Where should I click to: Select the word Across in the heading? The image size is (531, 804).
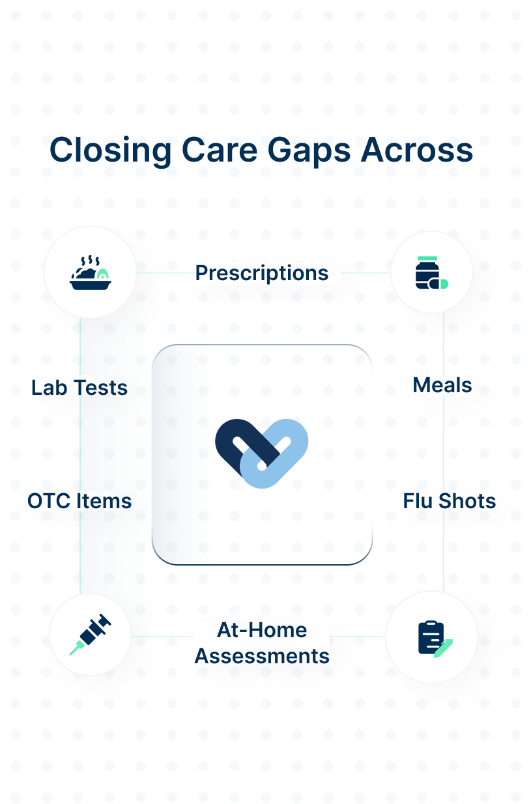[417, 150]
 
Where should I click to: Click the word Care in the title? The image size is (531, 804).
[220, 151]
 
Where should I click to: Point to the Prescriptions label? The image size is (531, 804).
[262, 274]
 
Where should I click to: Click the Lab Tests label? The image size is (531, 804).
[79, 388]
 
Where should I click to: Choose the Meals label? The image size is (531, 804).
[442, 386]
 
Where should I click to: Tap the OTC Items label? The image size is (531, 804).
[79, 501]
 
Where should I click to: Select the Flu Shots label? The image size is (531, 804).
[449, 501]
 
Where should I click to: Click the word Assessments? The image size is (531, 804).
[262, 657]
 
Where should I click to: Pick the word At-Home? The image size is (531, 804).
[262, 630]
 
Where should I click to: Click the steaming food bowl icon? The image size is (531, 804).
[90, 272]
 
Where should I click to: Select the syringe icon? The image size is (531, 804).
[90, 635]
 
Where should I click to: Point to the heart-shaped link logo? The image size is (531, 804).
[262, 453]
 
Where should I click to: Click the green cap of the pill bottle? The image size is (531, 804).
[427, 259]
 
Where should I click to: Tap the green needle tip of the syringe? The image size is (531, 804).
[76, 648]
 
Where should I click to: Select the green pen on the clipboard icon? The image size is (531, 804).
[444, 648]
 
